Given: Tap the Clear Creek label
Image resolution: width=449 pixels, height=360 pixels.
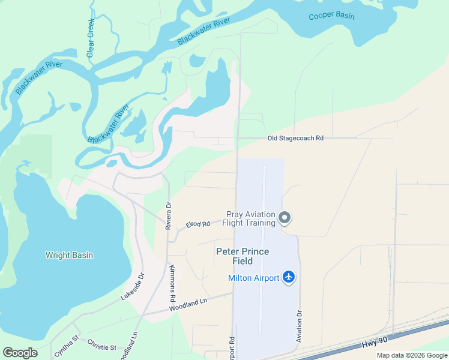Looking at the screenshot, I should pyautogui.click(x=91, y=38).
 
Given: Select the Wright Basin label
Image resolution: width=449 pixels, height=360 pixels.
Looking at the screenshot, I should pyautogui.click(x=69, y=255).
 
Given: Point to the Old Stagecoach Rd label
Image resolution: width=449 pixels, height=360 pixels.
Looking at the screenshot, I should pyautogui.click(x=295, y=138).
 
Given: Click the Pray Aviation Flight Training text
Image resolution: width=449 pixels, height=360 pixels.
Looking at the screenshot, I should pyautogui.click(x=250, y=218).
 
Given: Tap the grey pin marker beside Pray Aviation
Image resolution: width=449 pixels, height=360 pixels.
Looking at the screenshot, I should pyautogui.click(x=285, y=218).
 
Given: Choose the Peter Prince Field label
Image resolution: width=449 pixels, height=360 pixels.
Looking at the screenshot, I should pyautogui.click(x=243, y=256).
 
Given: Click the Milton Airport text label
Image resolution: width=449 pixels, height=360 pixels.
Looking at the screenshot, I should pyautogui.click(x=253, y=277).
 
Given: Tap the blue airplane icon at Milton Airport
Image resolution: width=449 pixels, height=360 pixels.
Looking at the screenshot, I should pyautogui.click(x=289, y=277).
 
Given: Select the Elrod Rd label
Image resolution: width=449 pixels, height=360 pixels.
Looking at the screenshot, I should pyautogui.click(x=197, y=224).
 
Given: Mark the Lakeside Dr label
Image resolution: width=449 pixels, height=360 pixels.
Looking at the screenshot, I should pyautogui.click(x=133, y=287).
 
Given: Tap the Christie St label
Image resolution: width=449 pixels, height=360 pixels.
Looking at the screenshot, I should pyautogui.click(x=101, y=347).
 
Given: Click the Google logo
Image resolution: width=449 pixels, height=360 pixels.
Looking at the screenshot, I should pyautogui.click(x=20, y=352).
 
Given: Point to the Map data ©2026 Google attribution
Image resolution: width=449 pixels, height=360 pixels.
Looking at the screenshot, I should pyautogui.click(x=411, y=355).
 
